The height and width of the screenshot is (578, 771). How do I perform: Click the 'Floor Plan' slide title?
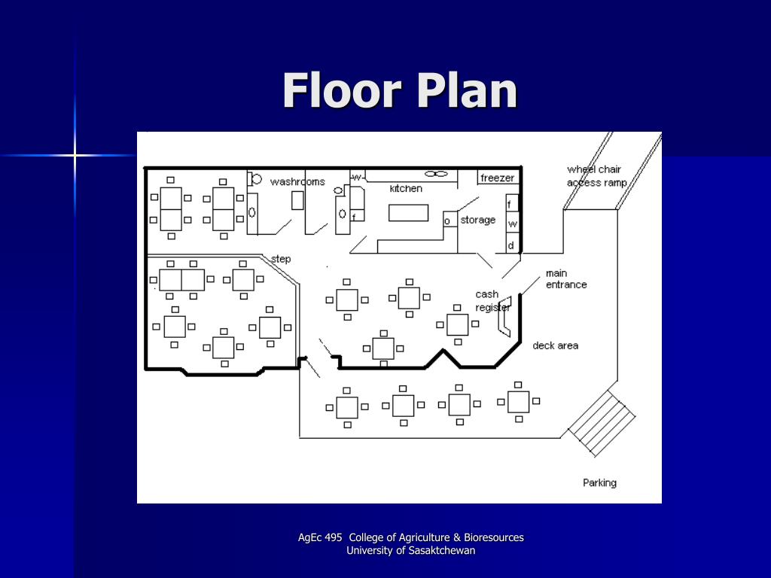tap(400, 90)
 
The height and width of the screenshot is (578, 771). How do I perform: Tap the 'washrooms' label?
tap(297, 182)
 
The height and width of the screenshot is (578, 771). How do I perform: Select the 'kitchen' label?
tap(406, 188)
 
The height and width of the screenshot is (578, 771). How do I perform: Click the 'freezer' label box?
tap(498, 178)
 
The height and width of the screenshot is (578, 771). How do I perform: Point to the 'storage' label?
tap(477, 221)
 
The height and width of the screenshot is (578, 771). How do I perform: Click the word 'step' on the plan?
tap(281, 259)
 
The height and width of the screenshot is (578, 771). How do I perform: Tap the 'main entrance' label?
tap(566, 278)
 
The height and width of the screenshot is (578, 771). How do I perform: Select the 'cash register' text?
tap(492, 300)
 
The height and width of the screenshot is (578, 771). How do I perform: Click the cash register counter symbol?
tap(505, 317)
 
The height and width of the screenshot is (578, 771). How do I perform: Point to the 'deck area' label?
tap(555, 345)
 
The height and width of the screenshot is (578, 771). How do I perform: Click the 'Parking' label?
tap(599, 482)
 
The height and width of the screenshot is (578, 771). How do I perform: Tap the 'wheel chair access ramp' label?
tap(597, 176)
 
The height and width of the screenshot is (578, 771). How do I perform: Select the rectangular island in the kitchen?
tap(408, 213)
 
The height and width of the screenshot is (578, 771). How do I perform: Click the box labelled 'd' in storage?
tap(512, 245)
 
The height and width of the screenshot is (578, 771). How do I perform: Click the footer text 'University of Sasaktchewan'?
tap(410, 550)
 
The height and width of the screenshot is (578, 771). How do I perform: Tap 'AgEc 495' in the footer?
tap(319, 537)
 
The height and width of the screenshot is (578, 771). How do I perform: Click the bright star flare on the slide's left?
tap(75, 156)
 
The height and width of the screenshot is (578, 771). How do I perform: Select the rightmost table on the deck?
tap(518, 402)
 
